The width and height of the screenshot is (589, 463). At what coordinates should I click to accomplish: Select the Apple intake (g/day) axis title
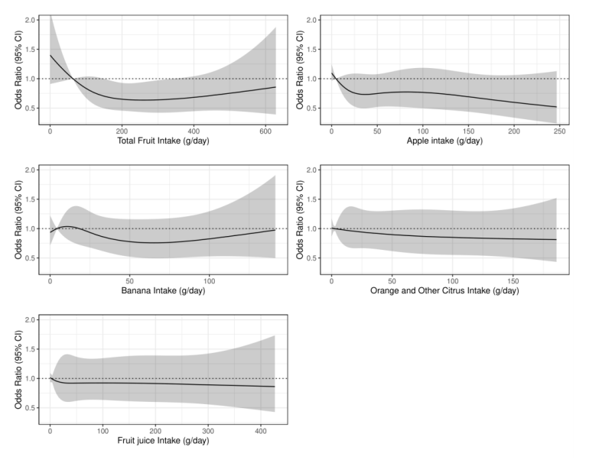(444, 141)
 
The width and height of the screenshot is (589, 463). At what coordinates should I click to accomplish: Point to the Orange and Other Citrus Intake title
(444, 291)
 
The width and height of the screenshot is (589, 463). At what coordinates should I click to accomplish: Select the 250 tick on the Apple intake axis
(558, 130)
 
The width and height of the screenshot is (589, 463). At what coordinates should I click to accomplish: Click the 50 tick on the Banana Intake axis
(130, 280)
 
